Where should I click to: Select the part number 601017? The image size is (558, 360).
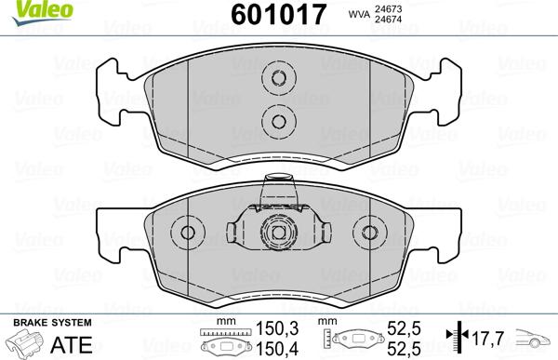point(275,15)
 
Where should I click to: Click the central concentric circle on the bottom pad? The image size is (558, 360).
point(275,233)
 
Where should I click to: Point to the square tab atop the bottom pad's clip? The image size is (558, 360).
point(275,193)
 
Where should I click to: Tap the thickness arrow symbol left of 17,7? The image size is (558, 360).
point(454,339)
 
